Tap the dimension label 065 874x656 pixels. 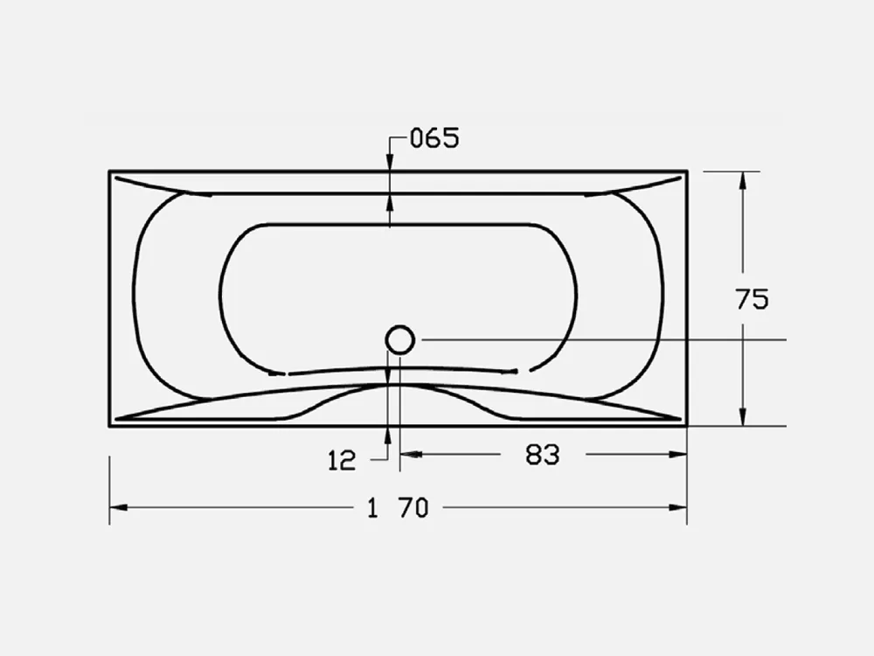434,138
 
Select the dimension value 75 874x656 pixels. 752,299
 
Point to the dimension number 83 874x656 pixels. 543,455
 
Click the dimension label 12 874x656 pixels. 342,461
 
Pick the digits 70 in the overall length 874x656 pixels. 413,508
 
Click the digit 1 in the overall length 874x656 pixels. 373,508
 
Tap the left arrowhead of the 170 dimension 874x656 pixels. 118,507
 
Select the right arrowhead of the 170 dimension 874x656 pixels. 677,507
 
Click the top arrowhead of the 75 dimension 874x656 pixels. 742,181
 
